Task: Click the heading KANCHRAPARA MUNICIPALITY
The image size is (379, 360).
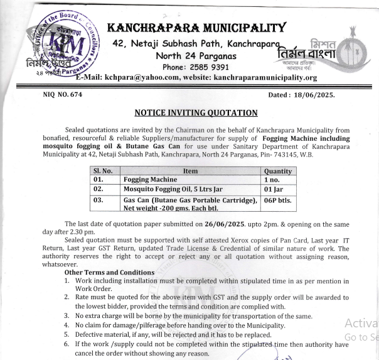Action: (x=197, y=28)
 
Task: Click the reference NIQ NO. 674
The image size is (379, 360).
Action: (x=65, y=95)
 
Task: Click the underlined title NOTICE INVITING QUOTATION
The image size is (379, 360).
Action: (x=196, y=113)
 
